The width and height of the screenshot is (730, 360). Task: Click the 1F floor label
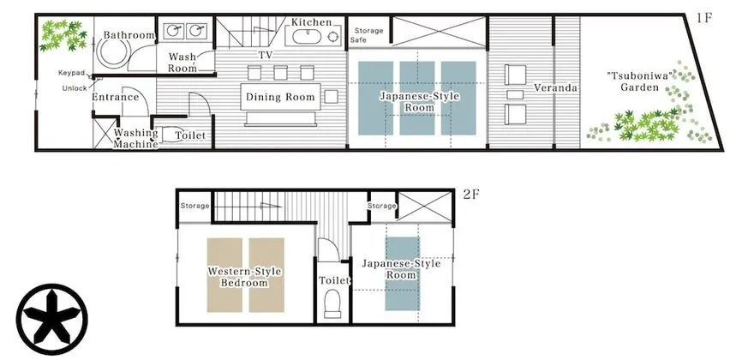coord(704,19)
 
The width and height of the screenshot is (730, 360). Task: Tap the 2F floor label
coord(471,195)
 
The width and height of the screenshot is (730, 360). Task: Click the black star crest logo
coord(51,319)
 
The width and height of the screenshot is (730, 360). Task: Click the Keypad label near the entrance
coord(72,73)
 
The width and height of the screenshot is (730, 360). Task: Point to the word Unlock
coord(75,88)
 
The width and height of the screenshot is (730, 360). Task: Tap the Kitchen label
coord(312,22)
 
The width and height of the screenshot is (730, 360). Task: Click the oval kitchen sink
coord(303,36)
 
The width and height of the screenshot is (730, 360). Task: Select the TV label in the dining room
coord(266,55)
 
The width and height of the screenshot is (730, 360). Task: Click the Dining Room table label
coord(280,98)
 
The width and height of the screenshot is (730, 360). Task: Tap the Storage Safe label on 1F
coord(366,35)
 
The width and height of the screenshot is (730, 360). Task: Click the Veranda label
coord(555,87)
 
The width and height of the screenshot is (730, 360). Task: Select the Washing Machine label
coord(136,138)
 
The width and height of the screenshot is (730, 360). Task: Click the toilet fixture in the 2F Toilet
coord(332,303)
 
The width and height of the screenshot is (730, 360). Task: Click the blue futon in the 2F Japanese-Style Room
coord(403,273)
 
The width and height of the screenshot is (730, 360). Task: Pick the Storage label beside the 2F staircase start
coord(194,206)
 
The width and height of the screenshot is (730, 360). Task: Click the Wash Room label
coord(182,63)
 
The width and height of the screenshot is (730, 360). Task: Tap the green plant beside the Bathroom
coord(63,35)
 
